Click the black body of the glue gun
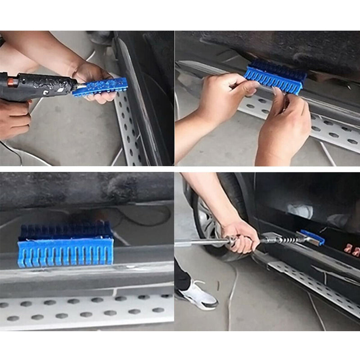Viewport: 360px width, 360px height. [40, 85]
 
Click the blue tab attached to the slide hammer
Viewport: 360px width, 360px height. [313, 237]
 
